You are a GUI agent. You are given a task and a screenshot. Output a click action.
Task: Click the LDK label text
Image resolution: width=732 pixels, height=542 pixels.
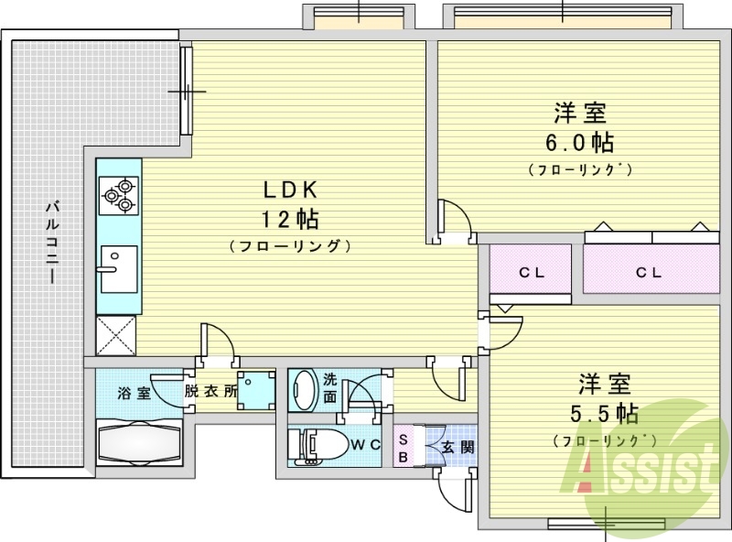pyautogui.click(x=290, y=190)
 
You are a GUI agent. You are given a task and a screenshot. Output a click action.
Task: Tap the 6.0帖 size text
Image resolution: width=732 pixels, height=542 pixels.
pyautogui.click(x=580, y=142)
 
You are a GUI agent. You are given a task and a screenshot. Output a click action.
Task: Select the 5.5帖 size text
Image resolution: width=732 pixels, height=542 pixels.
pyautogui.click(x=605, y=413)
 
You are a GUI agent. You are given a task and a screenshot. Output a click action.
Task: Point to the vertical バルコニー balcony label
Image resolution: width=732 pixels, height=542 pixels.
pyautogui.click(x=52, y=242)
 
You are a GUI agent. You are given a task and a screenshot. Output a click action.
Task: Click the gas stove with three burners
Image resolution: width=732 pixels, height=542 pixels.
pyautogui.click(x=119, y=196)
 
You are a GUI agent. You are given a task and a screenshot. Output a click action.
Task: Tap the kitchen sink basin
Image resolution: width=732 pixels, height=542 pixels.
pyautogui.click(x=119, y=269)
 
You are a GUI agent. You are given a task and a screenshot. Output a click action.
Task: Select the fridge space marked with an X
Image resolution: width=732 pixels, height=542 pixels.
pyautogui.click(x=116, y=335)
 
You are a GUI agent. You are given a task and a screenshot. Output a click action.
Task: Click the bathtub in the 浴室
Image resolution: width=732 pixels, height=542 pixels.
pyautogui.click(x=139, y=442)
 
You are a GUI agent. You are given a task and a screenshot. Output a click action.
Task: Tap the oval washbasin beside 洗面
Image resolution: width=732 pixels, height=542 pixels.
pyautogui.click(x=304, y=390)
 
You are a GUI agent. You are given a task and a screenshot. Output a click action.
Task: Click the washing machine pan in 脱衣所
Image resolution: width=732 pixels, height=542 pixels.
pyautogui.click(x=256, y=391)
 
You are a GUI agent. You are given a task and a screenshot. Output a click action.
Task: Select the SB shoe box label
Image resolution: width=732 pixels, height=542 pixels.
pyautogui.click(x=404, y=448)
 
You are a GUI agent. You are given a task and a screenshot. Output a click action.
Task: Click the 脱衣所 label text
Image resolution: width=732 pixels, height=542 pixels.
pyautogui.click(x=210, y=391)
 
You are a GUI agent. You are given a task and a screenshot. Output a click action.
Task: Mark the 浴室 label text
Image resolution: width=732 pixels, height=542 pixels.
pyautogui.click(x=134, y=393)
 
